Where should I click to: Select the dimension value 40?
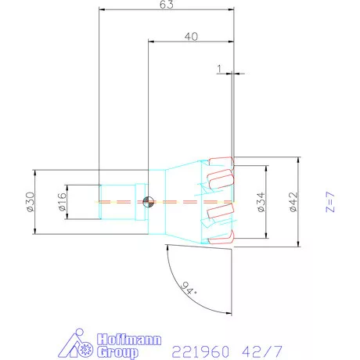coord(190,37)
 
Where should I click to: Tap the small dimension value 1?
coord(220,68)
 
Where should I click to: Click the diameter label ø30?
coord(30,201)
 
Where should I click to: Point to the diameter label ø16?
coord(61,202)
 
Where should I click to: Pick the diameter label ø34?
coord(261,202)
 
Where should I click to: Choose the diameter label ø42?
coord(292,202)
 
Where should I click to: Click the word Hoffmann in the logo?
coord(131,339)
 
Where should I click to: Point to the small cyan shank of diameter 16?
coord(117,201)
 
